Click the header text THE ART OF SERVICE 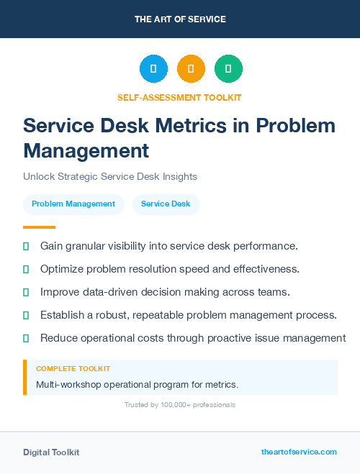tap(180, 19)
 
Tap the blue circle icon tap(153, 69)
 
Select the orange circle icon tap(191, 69)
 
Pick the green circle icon tap(228, 69)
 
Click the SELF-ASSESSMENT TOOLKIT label tap(179, 97)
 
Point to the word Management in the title tap(86, 150)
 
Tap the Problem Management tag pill tap(73, 204)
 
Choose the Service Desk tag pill tap(166, 204)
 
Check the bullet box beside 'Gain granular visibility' tap(26, 246)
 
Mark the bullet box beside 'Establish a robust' tap(26, 315)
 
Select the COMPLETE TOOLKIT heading tap(73, 368)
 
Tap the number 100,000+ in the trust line tap(174, 405)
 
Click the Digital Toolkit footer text tap(51, 452)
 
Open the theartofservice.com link tap(299, 452)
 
